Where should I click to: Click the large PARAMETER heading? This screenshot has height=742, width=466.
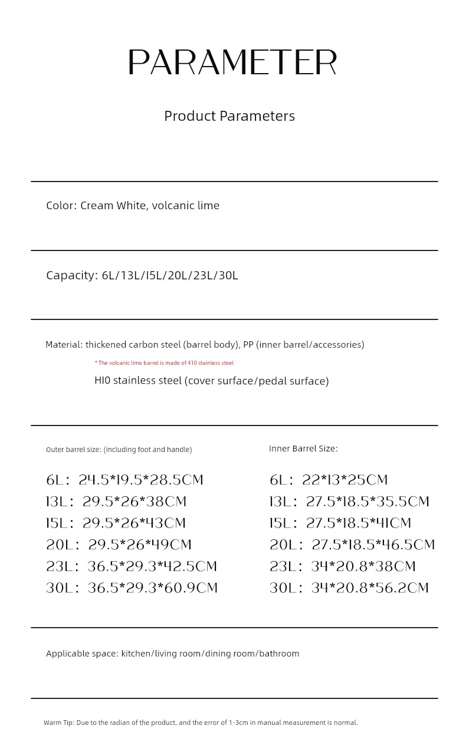coord(232,62)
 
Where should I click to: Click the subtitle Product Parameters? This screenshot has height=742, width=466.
coord(229,116)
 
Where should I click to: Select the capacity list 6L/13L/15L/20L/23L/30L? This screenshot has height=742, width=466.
coord(170,276)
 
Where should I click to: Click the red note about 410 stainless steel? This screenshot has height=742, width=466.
coord(164,363)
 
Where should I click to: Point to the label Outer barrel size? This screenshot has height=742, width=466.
coord(74,450)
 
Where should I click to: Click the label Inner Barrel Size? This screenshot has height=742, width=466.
coord(303,449)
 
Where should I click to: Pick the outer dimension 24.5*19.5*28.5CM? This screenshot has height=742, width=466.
coord(141,480)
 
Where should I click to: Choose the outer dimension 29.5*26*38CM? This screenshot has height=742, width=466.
coord(134,502)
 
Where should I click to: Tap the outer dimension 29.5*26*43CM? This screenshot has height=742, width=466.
coord(134,523)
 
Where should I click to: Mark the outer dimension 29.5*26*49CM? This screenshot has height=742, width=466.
coord(140,545)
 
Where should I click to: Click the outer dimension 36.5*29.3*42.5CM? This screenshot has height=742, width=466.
coord(152,566)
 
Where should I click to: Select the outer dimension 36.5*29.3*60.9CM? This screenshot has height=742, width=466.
coord(153,588)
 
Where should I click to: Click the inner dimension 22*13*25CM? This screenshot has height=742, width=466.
coord(345,480)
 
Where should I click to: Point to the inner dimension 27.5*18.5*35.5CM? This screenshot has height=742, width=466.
coord(367,502)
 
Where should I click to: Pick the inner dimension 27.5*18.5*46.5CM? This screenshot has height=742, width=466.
coord(373,545)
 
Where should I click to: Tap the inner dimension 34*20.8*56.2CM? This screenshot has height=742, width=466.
coord(366,588)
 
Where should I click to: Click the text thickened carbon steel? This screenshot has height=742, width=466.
coord(133,345)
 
